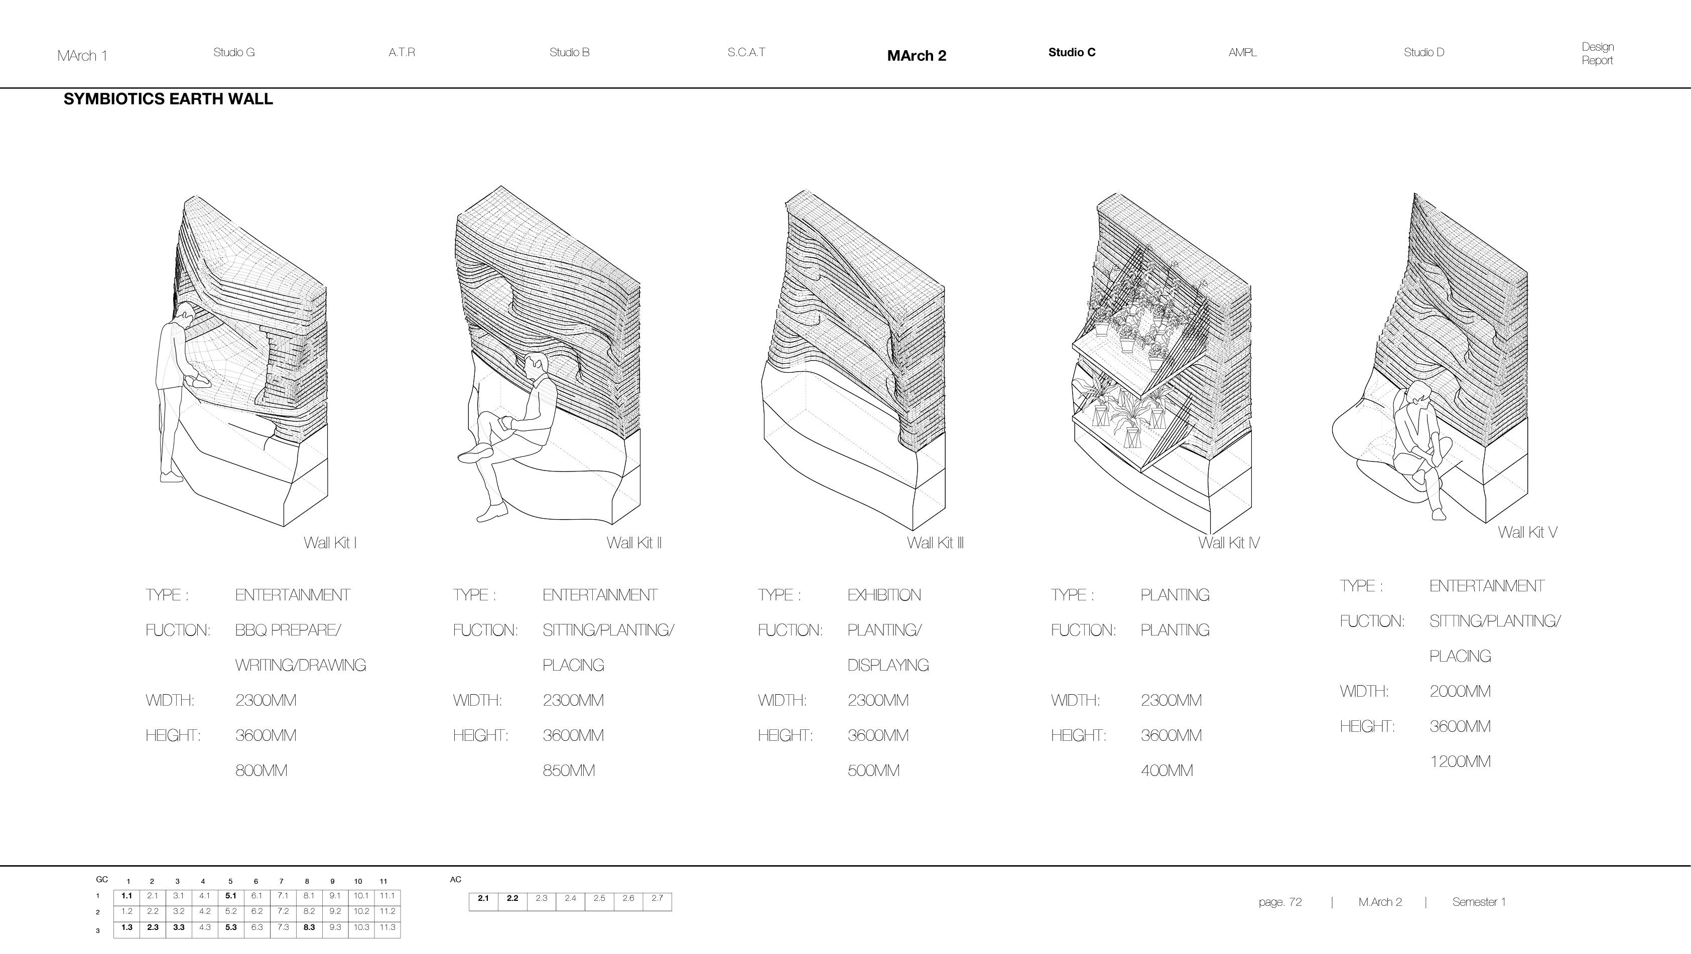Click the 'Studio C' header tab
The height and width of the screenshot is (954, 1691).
coord(1071,53)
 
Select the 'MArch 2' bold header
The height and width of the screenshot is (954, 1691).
coord(917,56)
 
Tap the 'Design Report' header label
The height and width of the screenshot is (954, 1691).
coord(1597,54)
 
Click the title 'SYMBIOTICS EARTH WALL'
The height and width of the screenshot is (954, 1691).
coord(168,99)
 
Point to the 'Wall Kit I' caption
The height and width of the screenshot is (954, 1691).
coord(330,543)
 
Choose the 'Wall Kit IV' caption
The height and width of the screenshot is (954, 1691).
coord(1228,543)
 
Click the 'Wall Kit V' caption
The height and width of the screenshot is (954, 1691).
coord(1527,532)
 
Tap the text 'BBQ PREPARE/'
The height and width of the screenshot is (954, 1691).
coord(288,630)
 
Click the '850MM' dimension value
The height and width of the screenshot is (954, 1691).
coord(569,770)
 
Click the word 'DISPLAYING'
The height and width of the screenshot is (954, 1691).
coord(887,665)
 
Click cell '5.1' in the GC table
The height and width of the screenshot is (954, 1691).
coord(230,896)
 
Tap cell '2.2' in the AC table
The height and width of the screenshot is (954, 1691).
coord(512,898)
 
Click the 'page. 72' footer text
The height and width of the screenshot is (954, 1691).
coord(1280,902)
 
